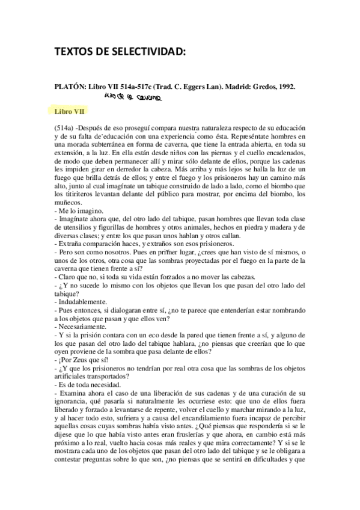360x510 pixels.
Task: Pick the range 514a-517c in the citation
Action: pyautogui.click(x=140, y=87)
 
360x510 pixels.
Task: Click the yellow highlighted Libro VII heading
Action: pyautogui.click(x=68, y=112)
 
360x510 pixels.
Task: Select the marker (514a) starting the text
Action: pyautogui.click(x=64, y=129)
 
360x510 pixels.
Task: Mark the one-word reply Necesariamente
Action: pyautogui.click(x=83, y=325)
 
